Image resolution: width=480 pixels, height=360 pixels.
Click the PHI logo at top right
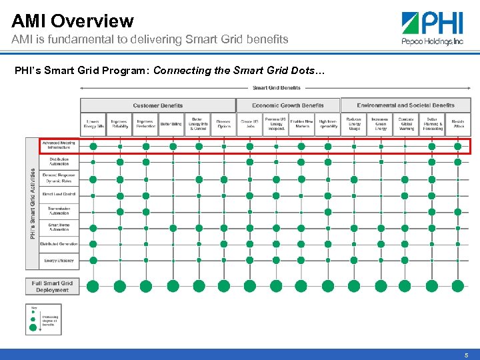(433, 29)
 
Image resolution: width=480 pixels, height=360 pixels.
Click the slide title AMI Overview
(73, 21)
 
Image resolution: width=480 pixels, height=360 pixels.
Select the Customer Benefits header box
(158, 105)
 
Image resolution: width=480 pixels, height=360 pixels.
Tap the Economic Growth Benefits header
(288, 105)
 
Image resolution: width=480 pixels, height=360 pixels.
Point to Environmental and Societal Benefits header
(405, 105)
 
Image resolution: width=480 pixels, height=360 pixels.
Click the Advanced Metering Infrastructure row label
(59, 145)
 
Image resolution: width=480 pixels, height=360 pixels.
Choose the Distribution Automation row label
(59, 162)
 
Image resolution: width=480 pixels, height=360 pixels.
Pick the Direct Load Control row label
(59, 194)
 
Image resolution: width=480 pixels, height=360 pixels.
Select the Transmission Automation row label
(59, 211)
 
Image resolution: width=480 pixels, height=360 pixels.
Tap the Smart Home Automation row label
(59, 227)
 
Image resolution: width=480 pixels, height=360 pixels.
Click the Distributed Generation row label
(59, 244)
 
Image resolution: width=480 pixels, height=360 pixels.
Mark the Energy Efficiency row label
(59, 260)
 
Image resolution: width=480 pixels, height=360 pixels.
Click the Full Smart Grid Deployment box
(52, 286)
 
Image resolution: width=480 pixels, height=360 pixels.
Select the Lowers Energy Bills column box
(93, 124)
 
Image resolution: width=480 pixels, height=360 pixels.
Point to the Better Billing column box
(171, 124)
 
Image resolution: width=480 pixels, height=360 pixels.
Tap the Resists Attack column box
(458, 124)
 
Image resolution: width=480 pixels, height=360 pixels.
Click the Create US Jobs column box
(249, 124)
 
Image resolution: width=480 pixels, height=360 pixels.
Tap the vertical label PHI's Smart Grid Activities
(33, 203)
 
